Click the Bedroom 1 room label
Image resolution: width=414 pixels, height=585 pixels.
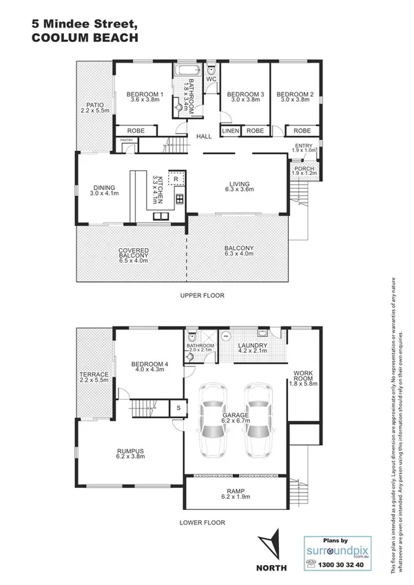click(146, 94)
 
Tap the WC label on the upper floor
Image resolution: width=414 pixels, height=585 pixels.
click(211, 79)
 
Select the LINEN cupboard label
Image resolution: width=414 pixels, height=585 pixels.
click(230, 130)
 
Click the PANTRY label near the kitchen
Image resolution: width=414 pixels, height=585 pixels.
click(127, 141)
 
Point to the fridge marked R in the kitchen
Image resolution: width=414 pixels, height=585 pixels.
click(176, 178)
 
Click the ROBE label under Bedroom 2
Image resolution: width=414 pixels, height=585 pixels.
click(302, 130)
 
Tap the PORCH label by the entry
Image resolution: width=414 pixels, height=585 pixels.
click(304, 168)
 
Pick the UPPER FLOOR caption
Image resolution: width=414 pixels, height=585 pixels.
click(203, 296)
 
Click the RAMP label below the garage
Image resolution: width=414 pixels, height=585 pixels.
click(235, 492)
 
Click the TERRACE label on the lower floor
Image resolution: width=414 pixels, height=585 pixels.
click(94, 375)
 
